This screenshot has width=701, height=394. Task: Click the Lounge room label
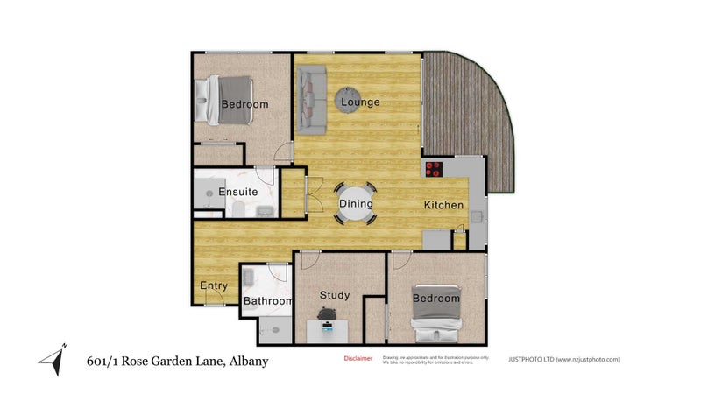(x=360, y=102)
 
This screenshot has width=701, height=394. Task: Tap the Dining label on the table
(x=356, y=204)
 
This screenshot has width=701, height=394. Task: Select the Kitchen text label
(x=443, y=205)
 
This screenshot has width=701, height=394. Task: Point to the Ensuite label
(x=237, y=192)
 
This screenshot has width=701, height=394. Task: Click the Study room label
(x=335, y=295)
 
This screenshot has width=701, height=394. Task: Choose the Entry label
(x=214, y=285)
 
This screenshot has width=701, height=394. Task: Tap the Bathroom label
(x=267, y=301)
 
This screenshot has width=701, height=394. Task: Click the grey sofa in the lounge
(x=311, y=102)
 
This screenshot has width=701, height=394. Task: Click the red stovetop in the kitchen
(x=435, y=170)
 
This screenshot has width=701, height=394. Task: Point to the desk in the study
(x=328, y=331)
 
